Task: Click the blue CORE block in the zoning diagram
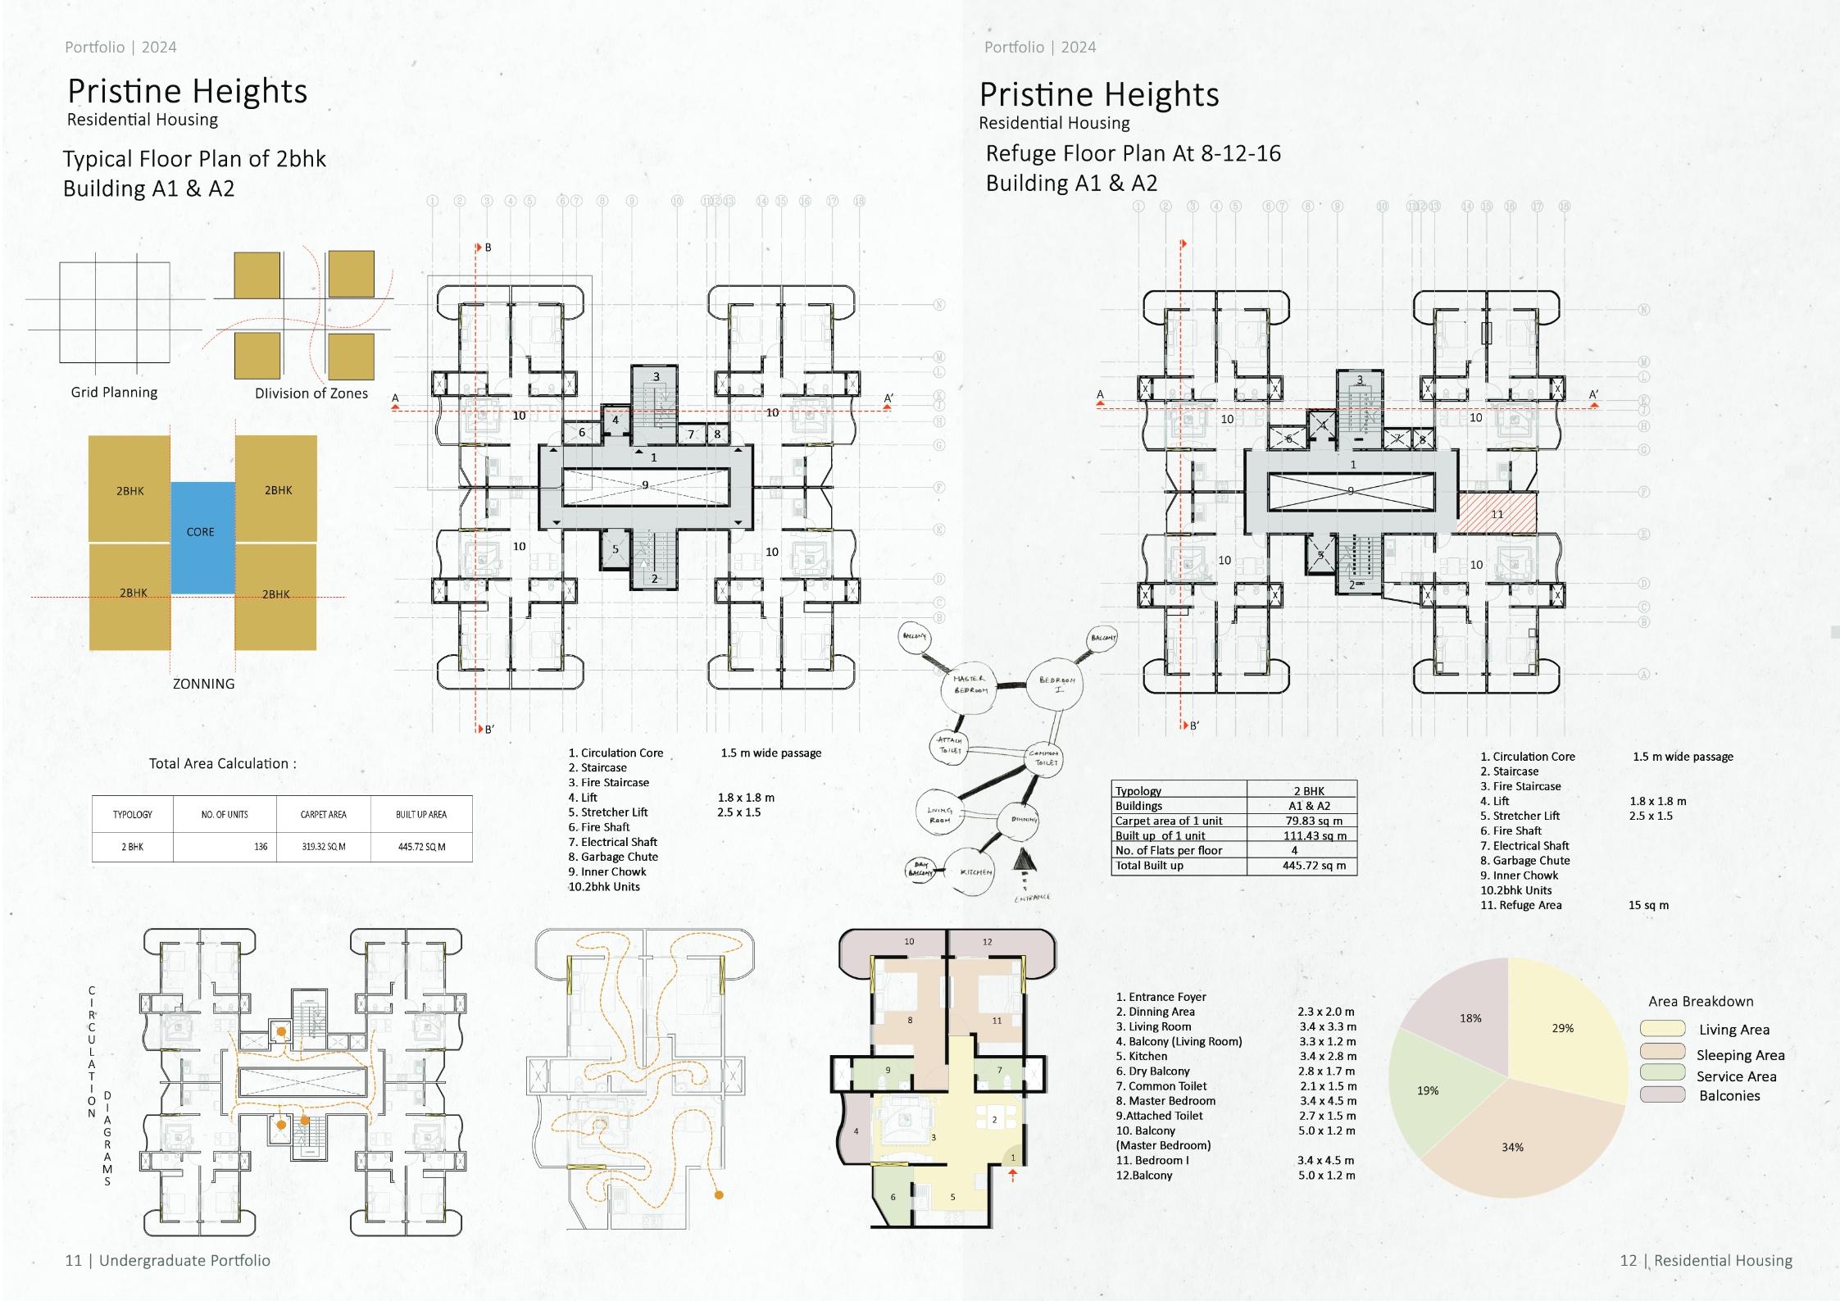pyautogui.click(x=202, y=537)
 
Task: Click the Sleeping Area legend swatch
pyautogui.click(x=1662, y=1052)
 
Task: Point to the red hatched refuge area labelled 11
pyautogui.click(x=1496, y=514)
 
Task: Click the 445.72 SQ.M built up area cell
pyautogui.click(x=421, y=847)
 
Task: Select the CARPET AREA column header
pyautogui.click(x=323, y=814)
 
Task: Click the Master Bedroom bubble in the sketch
pyautogui.click(x=970, y=685)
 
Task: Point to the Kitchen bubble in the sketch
pyautogui.click(x=975, y=872)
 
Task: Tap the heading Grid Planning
pyautogui.click(x=114, y=392)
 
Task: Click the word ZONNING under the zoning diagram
pyautogui.click(x=203, y=684)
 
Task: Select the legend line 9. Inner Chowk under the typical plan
pyautogui.click(x=607, y=871)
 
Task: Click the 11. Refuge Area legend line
pyautogui.click(x=1520, y=905)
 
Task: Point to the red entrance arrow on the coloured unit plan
pyautogui.click(x=1013, y=1175)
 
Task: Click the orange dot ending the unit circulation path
pyautogui.click(x=719, y=1195)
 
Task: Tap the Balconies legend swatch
pyautogui.click(x=1662, y=1095)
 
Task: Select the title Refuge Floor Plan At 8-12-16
pyautogui.click(x=1132, y=153)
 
